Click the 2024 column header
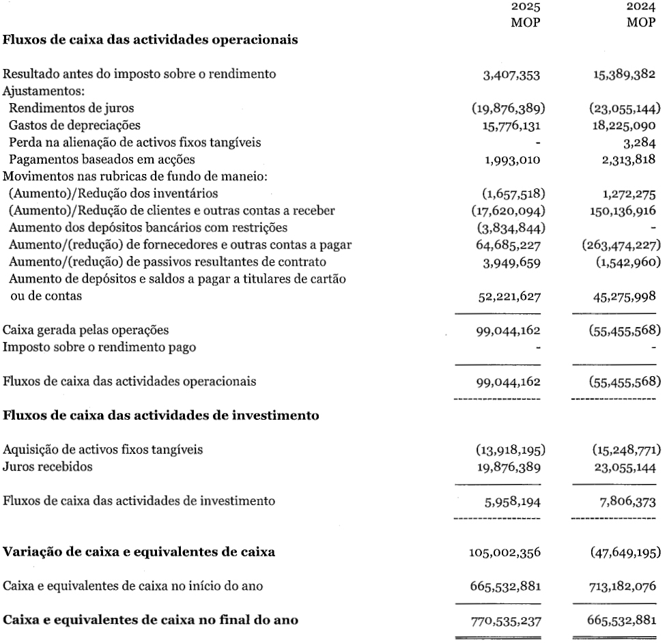click(x=641, y=8)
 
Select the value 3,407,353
click(x=511, y=74)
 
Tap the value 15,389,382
click(x=624, y=74)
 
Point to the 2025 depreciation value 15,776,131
click(x=508, y=126)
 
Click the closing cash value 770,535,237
click(x=505, y=620)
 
